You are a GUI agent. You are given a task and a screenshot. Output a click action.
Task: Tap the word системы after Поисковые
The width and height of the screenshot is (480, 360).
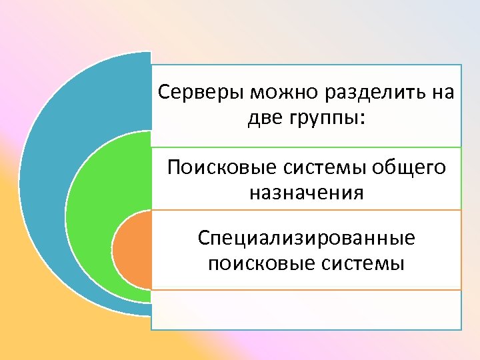(x=325, y=167)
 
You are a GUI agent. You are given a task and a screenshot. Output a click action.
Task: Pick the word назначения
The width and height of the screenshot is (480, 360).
(x=307, y=194)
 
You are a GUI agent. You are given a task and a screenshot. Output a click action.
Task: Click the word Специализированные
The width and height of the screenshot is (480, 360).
(x=307, y=238)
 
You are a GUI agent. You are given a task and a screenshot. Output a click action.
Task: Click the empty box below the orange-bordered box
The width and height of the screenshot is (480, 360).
(x=307, y=309)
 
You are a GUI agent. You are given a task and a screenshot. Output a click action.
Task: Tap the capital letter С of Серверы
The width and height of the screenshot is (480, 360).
(x=163, y=92)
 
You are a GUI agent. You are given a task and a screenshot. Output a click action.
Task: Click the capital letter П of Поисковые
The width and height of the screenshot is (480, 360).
(x=175, y=167)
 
